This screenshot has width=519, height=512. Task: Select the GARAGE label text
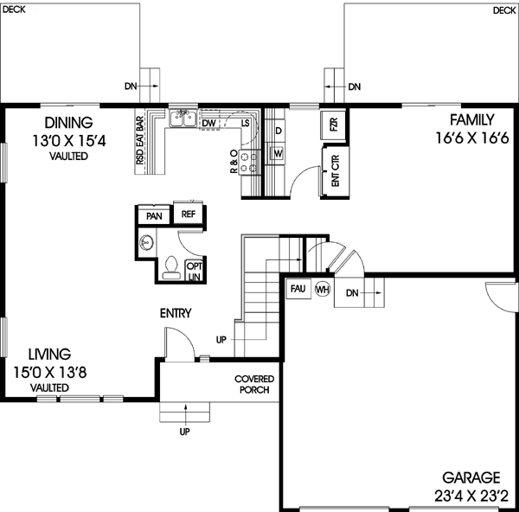(x=471, y=477)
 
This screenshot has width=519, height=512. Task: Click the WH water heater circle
(x=323, y=289)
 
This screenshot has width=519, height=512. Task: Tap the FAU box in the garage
(x=297, y=288)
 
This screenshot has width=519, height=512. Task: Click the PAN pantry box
(x=154, y=216)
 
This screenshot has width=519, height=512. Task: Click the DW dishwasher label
(x=208, y=124)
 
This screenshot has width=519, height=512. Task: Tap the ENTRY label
(x=176, y=314)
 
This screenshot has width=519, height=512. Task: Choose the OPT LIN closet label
(x=195, y=272)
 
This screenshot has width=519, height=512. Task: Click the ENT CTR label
(x=334, y=174)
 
